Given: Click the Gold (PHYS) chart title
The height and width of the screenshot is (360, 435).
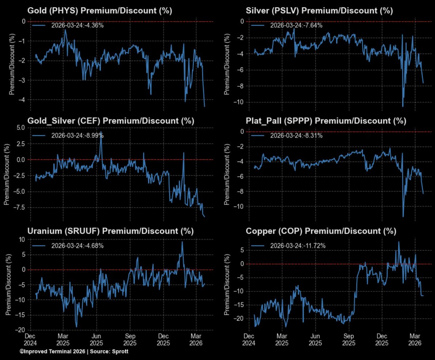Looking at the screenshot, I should (x=100, y=11).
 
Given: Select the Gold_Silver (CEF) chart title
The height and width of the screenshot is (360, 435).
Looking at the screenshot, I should (x=111, y=121).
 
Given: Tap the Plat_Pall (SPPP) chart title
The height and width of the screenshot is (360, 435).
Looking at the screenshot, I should (x=326, y=121).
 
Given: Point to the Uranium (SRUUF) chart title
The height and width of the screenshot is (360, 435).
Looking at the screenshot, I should (x=111, y=231).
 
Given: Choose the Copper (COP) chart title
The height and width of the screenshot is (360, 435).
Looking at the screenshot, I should (x=321, y=231).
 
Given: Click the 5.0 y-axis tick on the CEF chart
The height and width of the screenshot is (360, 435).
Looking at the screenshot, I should (x=20, y=127).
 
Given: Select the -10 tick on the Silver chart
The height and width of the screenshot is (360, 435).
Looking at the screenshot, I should (x=239, y=102).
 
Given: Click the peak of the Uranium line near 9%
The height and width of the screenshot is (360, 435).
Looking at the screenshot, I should (x=182, y=242).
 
